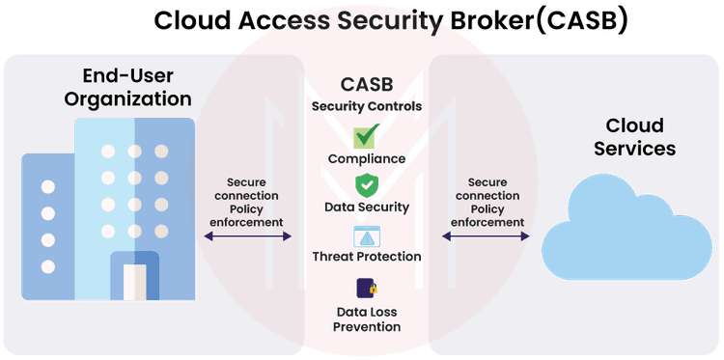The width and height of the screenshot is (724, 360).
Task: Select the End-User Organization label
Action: [x=136, y=86]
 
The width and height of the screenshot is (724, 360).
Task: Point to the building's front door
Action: [x=134, y=279]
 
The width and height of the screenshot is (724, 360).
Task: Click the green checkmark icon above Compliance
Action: [x=366, y=136]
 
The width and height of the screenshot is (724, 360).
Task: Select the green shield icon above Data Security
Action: [x=366, y=184]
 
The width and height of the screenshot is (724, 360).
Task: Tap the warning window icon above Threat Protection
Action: [x=366, y=236]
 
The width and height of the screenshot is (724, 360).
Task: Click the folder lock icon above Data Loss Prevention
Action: [x=366, y=289]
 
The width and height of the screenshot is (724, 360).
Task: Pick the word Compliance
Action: [x=366, y=158]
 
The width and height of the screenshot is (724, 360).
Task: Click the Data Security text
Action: [x=366, y=207]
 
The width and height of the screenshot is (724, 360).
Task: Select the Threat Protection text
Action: [x=366, y=257]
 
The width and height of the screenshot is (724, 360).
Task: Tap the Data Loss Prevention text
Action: [x=366, y=319]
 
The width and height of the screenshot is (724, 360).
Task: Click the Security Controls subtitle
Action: [x=366, y=105]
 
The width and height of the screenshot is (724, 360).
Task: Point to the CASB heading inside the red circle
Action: [x=366, y=85]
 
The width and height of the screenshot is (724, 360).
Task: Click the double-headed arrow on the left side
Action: [x=247, y=233]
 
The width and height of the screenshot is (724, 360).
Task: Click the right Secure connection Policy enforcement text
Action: [x=487, y=202]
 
